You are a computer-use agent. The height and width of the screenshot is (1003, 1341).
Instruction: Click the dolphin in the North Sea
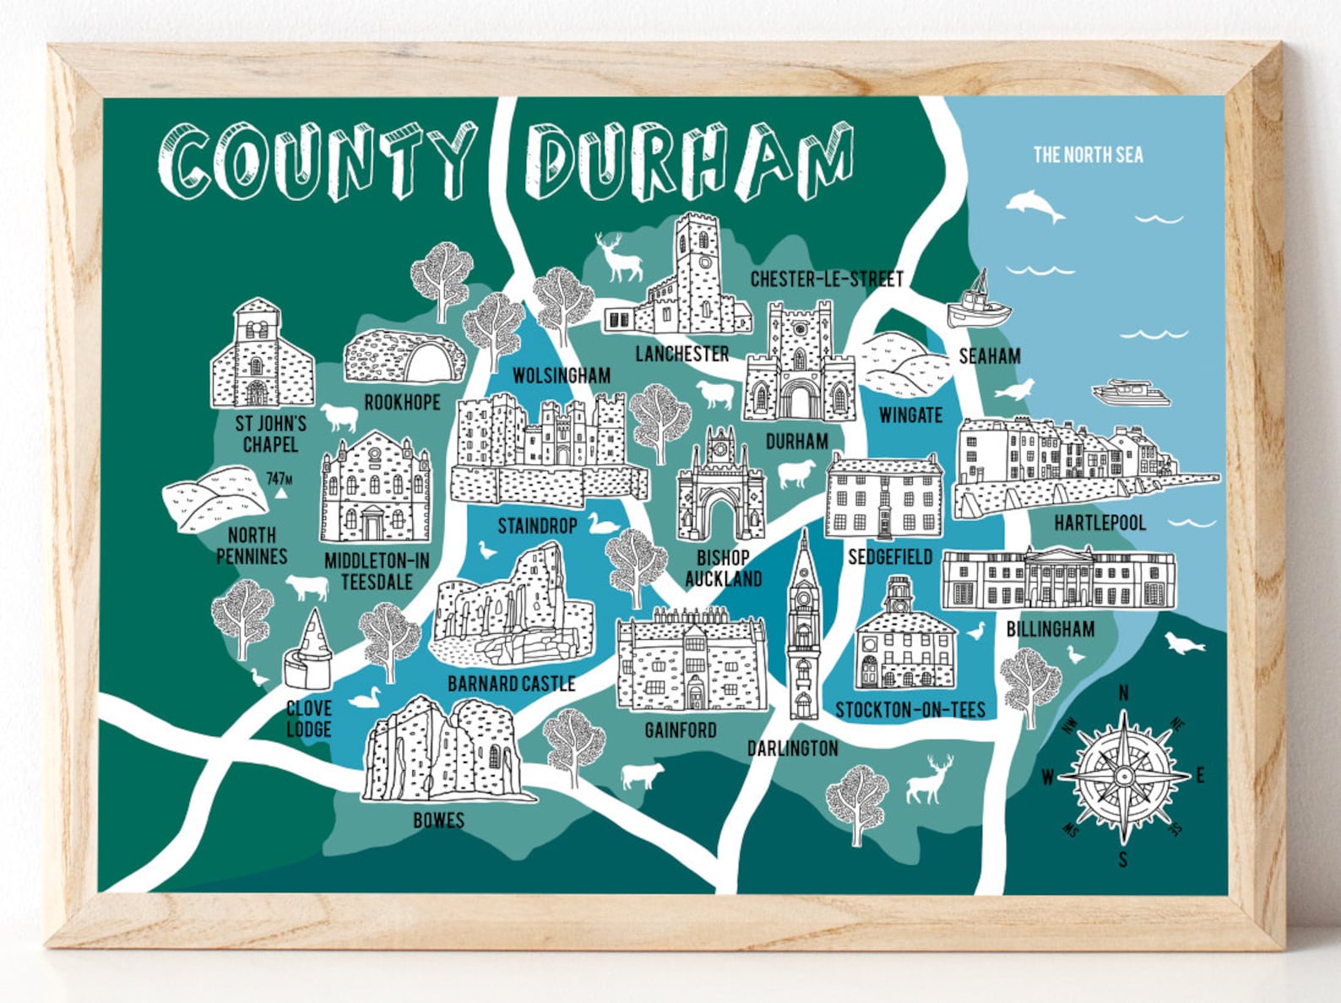1035,205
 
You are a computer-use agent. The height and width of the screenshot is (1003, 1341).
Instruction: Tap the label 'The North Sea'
1088,155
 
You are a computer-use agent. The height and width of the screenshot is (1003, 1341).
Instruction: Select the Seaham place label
989,356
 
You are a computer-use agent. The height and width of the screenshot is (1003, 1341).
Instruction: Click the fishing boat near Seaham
978,301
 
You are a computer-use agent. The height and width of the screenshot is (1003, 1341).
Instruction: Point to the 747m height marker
280,480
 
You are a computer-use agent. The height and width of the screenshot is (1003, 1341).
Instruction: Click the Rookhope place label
402,403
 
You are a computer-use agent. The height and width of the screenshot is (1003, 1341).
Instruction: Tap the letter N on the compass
1123,693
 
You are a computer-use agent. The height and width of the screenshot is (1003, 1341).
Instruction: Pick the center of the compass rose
1123,776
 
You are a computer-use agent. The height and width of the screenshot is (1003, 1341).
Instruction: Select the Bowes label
438,820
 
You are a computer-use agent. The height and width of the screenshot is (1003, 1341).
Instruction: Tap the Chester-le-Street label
827,279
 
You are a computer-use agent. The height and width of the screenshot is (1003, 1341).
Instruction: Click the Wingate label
910,415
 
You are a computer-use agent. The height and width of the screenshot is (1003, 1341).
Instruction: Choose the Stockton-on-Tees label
910,709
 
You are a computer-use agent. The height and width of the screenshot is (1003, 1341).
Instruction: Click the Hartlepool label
1099,523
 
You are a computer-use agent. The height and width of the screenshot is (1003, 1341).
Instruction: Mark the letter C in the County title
184,163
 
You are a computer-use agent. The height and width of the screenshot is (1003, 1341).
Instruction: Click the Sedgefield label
890,556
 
